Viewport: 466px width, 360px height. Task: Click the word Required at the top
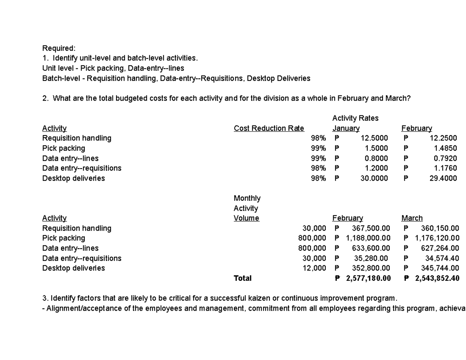[59, 48]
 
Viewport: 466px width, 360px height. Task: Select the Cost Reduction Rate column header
[269, 128]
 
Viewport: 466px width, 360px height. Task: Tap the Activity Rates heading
[355, 118]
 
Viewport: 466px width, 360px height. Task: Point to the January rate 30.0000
[374, 178]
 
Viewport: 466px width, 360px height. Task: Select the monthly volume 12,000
[314, 268]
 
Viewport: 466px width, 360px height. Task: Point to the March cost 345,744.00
[440, 268]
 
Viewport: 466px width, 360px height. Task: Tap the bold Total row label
[242, 278]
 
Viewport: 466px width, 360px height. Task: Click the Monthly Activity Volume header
[247, 208]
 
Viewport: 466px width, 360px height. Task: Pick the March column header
[412, 218]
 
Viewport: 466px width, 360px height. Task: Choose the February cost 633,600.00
[371, 248]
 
